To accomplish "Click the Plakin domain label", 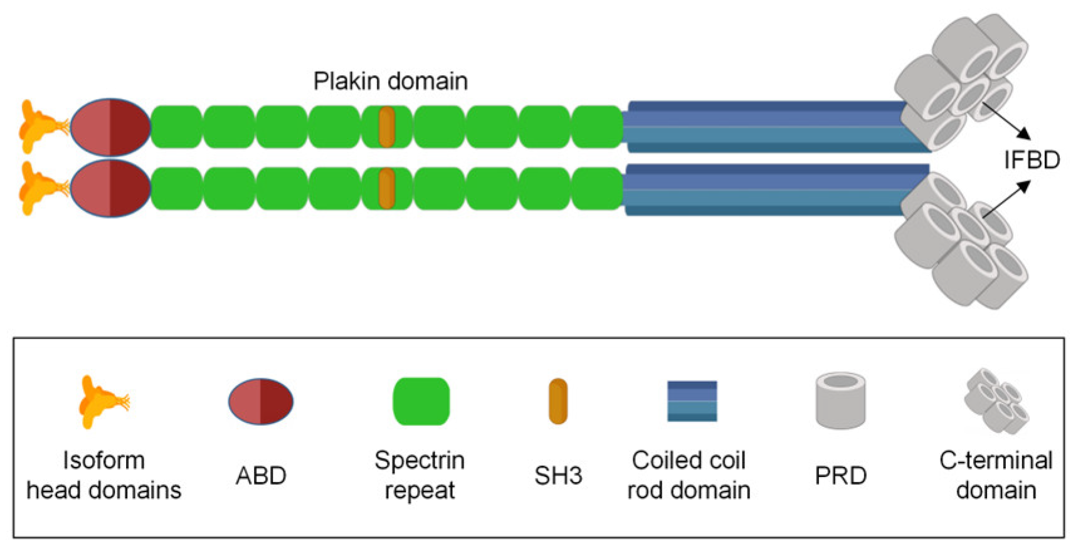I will point(390,81).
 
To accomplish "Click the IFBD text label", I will point(1031,160).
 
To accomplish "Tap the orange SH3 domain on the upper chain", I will point(386,127).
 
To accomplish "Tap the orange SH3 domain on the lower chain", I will point(386,188).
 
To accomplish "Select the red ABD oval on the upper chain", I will point(110,127).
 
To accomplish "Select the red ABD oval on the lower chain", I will point(110,188).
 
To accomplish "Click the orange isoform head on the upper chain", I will point(38,127).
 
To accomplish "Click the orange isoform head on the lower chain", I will point(38,188).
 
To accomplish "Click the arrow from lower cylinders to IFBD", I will point(1007,199).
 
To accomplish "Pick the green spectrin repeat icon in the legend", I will point(421,401).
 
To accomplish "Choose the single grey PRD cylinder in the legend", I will point(840,401).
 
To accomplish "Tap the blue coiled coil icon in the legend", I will point(692,401).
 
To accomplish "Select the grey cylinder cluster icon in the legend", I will point(996,401).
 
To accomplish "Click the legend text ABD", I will point(261,476).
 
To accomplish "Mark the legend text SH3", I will point(558,476).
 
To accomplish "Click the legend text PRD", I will point(840,476).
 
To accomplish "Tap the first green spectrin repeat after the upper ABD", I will point(177,127).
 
